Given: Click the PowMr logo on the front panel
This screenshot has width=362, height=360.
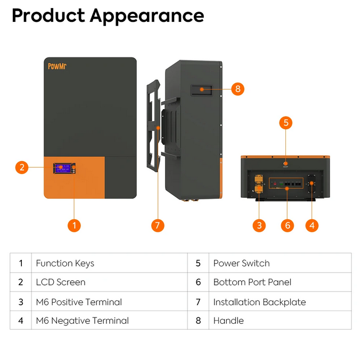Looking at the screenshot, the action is (x=57, y=66).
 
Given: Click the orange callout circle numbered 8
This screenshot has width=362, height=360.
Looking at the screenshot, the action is (x=237, y=89).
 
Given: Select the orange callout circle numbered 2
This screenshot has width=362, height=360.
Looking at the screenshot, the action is (x=22, y=167).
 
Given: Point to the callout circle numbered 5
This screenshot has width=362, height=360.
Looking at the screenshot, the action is (x=285, y=123).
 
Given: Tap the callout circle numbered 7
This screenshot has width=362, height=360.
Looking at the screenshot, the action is (x=158, y=225).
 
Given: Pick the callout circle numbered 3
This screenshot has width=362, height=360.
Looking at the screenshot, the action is (x=259, y=225).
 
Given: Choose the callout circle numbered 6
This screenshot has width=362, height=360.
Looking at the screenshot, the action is (x=287, y=225).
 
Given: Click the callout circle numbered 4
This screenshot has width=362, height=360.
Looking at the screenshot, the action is (x=311, y=225).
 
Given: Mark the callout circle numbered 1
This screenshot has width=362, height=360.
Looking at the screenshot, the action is (x=74, y=225).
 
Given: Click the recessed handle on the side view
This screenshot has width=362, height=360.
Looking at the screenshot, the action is (x=201, y=90).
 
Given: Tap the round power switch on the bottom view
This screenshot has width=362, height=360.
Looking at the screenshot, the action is (x=285, y=164).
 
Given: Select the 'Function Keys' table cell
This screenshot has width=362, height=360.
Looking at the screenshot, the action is (x=110, y=263).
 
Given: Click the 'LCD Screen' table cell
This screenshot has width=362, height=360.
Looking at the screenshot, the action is (x=110, y=282).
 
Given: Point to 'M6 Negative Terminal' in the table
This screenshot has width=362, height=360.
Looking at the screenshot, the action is (x=83, y=321).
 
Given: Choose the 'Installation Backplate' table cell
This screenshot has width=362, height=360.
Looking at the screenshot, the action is (x=280, y=302).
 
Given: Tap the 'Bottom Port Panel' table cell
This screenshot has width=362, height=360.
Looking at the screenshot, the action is (x=280, y=282).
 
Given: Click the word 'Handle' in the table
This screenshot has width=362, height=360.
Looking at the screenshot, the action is (x=228, y=321).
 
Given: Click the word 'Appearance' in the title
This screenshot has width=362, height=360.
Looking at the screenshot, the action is (x=147, y=16).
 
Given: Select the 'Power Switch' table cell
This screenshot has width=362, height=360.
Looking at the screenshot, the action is (x=280, y=263).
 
